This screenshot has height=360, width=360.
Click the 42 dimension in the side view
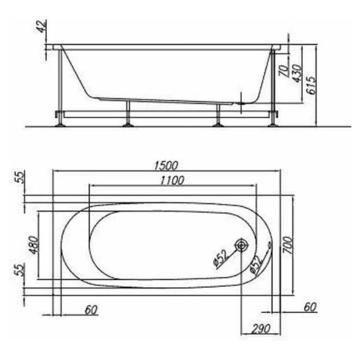click(42, 26)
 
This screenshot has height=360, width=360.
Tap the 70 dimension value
click(283, 70)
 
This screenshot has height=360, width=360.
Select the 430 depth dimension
click(297, 73)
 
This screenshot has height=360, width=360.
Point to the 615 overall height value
click(311, 86)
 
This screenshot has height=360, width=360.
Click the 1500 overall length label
click(166, 166)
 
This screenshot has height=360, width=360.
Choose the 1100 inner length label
click(172, 181)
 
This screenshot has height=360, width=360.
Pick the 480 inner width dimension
click(34, 245)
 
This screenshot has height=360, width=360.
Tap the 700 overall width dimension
click(288, 245)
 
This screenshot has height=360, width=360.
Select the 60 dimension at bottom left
click(91, 310)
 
